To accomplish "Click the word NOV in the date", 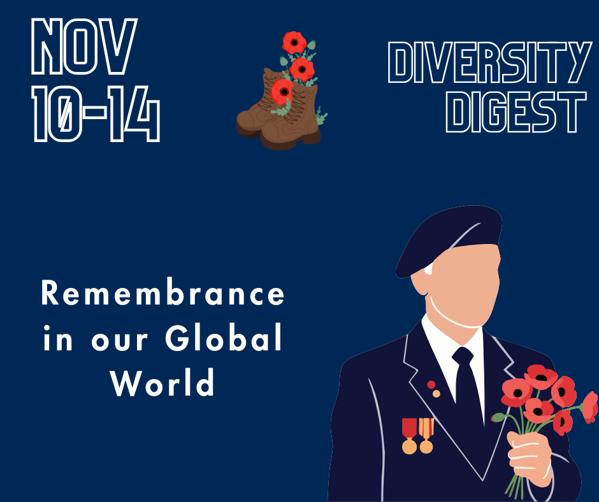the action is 84,47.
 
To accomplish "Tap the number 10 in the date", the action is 57,114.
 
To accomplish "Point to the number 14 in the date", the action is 134,114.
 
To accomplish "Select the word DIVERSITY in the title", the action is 490,62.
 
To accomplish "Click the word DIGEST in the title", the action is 516,112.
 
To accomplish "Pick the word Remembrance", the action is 162,293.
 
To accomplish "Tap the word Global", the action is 224,338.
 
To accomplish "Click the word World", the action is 162,382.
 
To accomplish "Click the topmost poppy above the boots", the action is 294,43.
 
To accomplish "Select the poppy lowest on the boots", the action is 282,92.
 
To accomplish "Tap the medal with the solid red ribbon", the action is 410,436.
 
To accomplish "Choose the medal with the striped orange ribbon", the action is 426,436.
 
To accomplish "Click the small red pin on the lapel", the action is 431,384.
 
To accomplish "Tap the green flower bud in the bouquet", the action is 498,417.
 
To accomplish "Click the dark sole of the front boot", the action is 291,141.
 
